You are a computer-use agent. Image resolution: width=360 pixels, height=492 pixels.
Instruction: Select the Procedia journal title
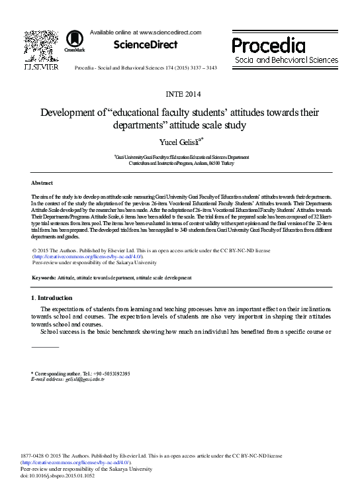tap(268, 46)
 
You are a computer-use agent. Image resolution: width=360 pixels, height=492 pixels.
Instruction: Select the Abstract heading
tap(42, 182)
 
